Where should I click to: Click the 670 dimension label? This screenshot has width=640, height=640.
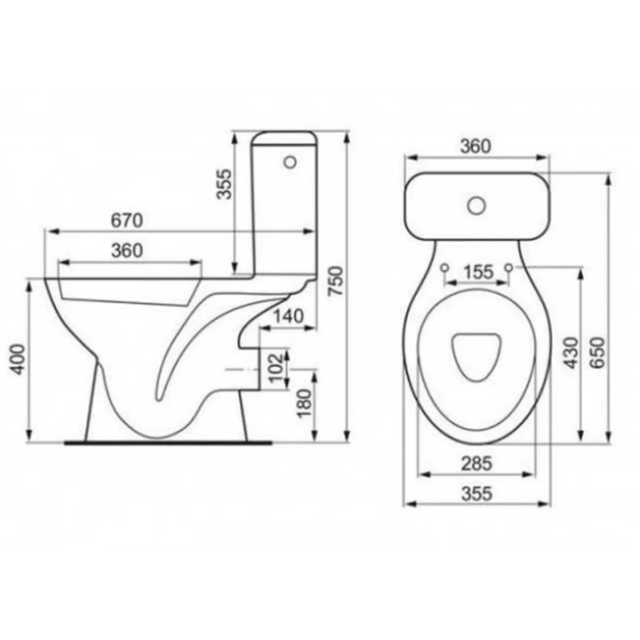[127, 221]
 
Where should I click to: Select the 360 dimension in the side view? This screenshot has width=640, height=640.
[127, 250]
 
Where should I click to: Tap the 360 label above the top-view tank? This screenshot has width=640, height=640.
[476, 146]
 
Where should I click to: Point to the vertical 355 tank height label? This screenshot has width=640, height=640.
[224, 183]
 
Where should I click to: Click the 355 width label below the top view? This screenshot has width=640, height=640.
[476, 494]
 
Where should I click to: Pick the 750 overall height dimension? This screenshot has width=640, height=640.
[337, 281]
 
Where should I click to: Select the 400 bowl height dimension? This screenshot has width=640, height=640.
[18, 360]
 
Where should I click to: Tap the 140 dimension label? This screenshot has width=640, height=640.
[289, 316]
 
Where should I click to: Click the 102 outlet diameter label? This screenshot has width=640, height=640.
[277, 366]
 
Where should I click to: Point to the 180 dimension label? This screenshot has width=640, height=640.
[304, 403]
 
